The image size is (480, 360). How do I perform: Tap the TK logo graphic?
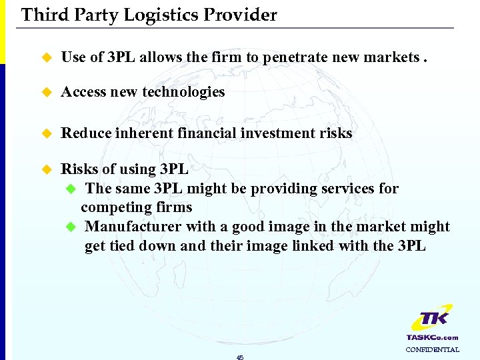pos(432,319)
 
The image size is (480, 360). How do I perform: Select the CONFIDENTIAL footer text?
pos(433,349)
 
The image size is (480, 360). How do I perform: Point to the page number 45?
pos(240,357)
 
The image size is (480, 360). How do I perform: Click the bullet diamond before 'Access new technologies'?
pos(46,93)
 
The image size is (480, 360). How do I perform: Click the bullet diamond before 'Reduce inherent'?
pos(46,134)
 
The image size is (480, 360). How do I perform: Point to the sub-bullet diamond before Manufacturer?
pos(72,227)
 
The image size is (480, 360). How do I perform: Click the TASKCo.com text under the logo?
pos(433,337)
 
